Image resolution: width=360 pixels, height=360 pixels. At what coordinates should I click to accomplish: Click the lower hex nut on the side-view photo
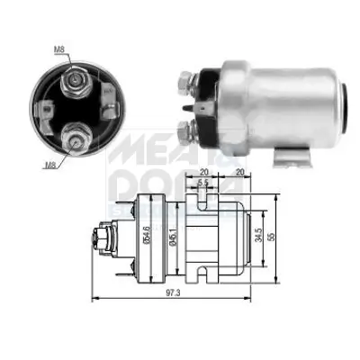[187, 132]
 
